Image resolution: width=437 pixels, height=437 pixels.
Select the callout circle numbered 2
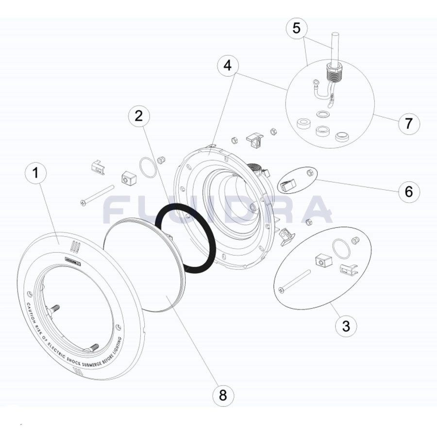click(x=139, y=116)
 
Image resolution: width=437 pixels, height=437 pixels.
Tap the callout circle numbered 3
click(x=346, y=325)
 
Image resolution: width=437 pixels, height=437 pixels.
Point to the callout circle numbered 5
click(x=297, y=28)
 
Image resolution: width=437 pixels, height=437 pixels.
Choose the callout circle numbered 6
click(x=408, y=191)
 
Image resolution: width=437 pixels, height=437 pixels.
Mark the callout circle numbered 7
click(x=408, y=123)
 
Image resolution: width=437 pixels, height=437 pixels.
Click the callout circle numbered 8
click(x=222, y=395)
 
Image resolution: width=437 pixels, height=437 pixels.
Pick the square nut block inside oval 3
click(x=322, y=261)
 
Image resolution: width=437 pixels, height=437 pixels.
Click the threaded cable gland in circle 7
click(x=334, y=73)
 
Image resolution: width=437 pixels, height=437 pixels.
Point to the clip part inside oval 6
click(x=287, y=185)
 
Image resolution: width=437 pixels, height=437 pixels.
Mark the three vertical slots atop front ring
click(x=74, y=246)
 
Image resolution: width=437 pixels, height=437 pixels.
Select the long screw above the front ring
click(x=97, y=196)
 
